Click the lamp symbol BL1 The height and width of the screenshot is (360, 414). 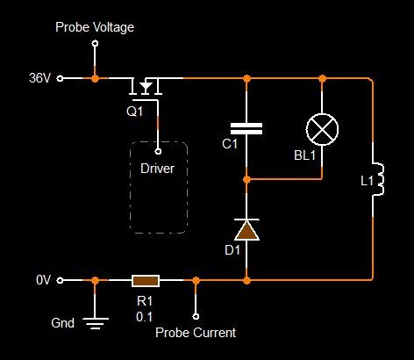[322, 129]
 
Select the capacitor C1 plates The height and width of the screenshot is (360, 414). [246, 129]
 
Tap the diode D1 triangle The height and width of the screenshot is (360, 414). [246, 230]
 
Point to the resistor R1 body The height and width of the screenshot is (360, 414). [146, 281]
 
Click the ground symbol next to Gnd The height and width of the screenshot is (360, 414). [96, 323]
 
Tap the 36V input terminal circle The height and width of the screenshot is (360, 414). [60, 78]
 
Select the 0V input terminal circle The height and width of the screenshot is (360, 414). [60, 280]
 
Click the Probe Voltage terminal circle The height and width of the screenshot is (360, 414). [95, 44]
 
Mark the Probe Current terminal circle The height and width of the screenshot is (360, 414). [196, 316]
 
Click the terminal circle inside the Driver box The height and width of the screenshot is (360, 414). [158, 151]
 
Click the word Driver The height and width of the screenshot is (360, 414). [157, 169]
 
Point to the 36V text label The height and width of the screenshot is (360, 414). [40, 78]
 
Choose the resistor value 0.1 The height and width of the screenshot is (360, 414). [145, 317]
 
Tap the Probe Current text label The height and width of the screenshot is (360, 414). [196, 333]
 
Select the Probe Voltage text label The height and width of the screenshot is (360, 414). [95, 27]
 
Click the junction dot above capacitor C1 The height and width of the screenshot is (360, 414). [246, 78]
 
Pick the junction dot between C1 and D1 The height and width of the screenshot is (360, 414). [246, 179]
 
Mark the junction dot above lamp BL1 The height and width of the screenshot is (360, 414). [322, 78]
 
